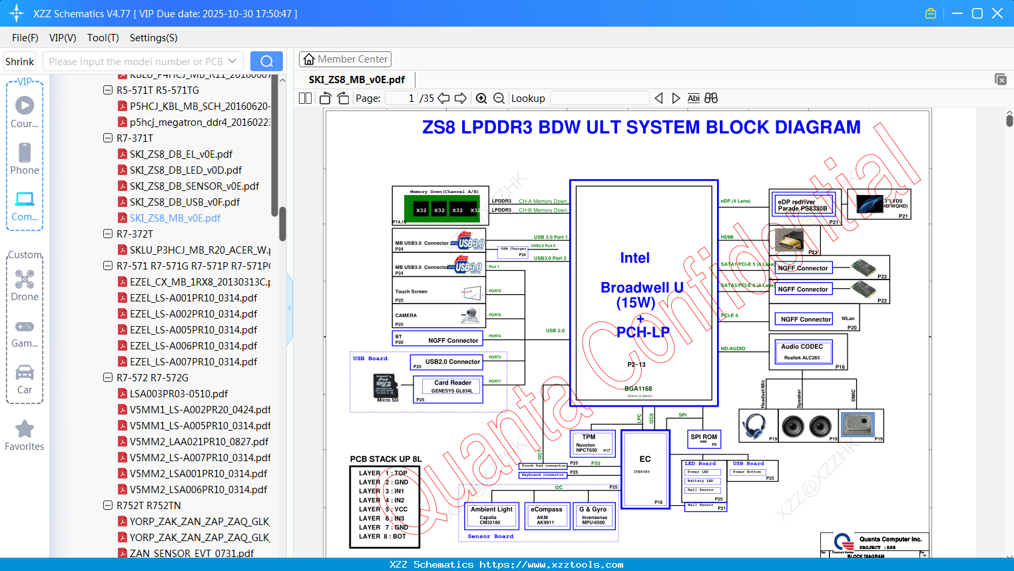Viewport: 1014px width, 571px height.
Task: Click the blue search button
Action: click(266, 61)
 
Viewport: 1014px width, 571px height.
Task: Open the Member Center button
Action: click(345, 59)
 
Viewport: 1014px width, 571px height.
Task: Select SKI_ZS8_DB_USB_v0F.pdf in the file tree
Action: click(184, 202)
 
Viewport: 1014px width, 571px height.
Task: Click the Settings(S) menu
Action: click(153, 38)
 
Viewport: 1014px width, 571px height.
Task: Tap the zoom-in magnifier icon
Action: click(481, 98)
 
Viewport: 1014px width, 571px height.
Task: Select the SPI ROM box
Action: click(704, 439)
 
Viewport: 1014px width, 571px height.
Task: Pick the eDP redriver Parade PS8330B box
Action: click(802, 205)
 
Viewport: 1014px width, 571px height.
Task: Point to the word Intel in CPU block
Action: click(634, 258)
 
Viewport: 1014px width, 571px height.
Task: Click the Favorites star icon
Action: click(25, 429)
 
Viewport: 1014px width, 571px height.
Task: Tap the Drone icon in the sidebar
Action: click(25, 280)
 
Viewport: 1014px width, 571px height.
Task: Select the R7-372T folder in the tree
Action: click(134, 234)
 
